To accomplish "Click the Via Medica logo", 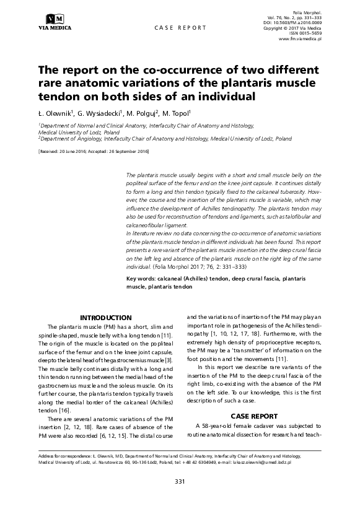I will point(55,22).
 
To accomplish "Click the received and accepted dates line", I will point(94,151).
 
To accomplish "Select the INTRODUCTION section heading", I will point(106,317).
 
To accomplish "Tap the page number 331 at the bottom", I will point(180,481).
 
